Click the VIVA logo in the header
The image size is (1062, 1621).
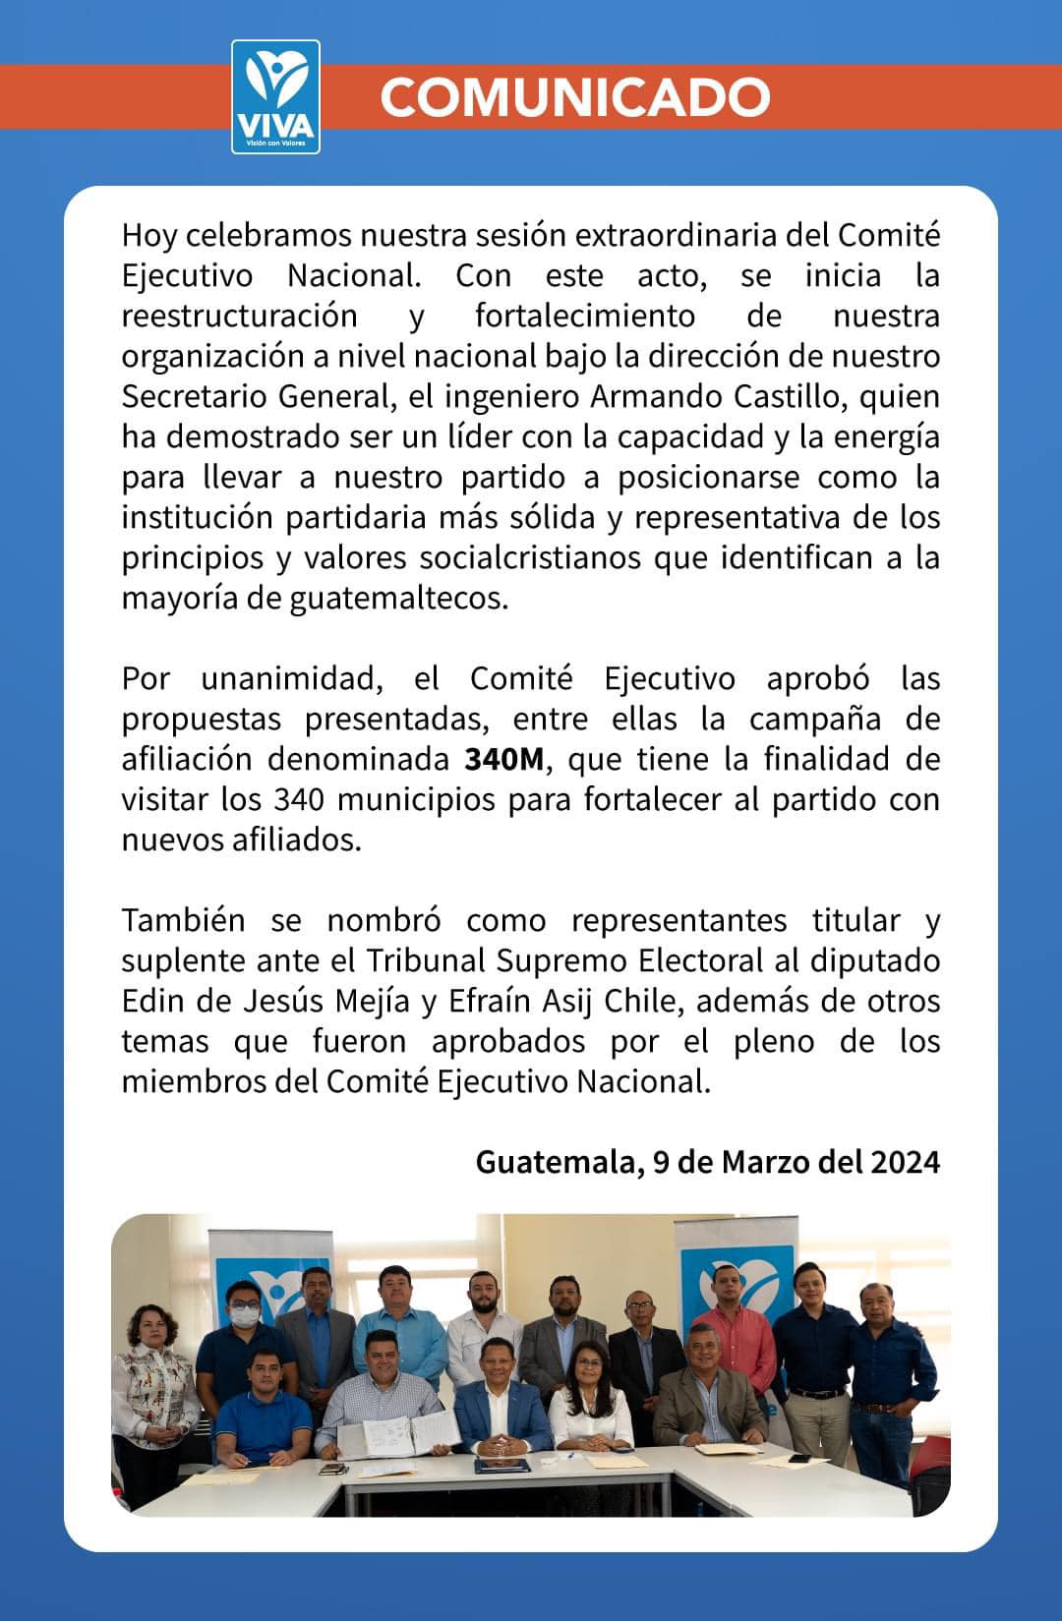coord(275,96)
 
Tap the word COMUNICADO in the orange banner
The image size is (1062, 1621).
coord(574,96)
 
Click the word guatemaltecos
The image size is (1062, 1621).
coord(398,598)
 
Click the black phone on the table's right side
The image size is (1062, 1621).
coord(799,1457)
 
